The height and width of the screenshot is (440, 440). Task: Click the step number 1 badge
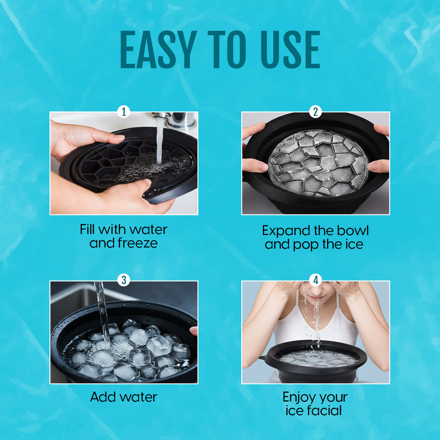pos(124,112)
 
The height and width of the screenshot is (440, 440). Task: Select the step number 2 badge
pos(316,112)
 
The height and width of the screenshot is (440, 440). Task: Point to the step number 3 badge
pos(124,280)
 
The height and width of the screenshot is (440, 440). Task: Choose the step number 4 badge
pos(316,280)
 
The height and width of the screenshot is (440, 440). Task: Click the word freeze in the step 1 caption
pos(137,243)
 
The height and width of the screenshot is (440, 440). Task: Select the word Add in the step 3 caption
pos(103,397)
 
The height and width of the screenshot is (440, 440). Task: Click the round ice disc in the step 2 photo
pos(318,163)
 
